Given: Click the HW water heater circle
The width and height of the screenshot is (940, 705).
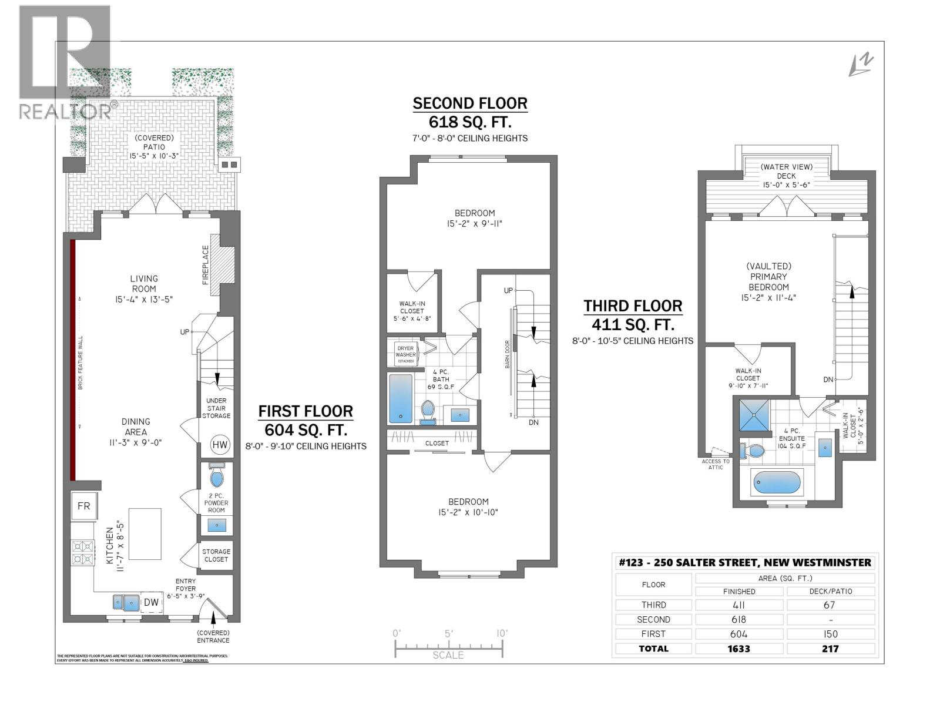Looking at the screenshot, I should (220, 445).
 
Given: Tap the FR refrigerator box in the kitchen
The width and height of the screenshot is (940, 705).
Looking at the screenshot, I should (84, 506).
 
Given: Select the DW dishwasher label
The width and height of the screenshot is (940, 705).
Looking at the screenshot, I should (151, 602).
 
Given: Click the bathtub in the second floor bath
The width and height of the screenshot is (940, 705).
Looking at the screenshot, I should (401, 398).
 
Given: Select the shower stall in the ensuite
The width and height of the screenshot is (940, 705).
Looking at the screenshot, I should (753, 416).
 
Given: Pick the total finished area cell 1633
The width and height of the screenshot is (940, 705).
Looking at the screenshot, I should (739, 649).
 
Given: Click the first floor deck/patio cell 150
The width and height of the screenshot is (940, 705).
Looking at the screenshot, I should (830, 634).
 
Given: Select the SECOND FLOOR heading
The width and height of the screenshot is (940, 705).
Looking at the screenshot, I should (469, 103).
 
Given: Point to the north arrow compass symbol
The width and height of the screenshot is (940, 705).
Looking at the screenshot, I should (861, 65).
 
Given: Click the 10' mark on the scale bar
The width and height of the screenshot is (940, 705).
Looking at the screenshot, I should (502, 633).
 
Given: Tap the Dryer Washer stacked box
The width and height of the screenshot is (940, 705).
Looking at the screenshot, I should (405, 354).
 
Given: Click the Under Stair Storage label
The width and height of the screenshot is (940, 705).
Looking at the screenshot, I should (216, 408).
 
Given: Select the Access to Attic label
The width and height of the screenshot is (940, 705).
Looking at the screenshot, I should (716, 464).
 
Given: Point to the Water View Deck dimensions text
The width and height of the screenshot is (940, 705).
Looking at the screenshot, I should (786, 184).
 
